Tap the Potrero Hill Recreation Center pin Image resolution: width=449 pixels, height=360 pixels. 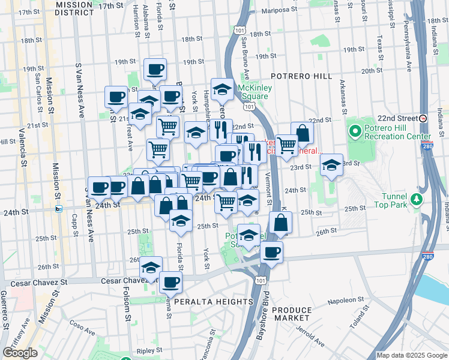tap(354, 130)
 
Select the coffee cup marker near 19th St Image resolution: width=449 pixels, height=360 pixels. tap(155, 69)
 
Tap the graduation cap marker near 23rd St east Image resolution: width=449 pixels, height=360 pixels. tap(331, 165)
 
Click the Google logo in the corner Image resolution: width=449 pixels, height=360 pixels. tap(20, 353)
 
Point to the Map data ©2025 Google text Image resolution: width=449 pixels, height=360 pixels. tap(412, 355)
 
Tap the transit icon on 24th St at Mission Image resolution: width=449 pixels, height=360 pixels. tap(59, 209)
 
